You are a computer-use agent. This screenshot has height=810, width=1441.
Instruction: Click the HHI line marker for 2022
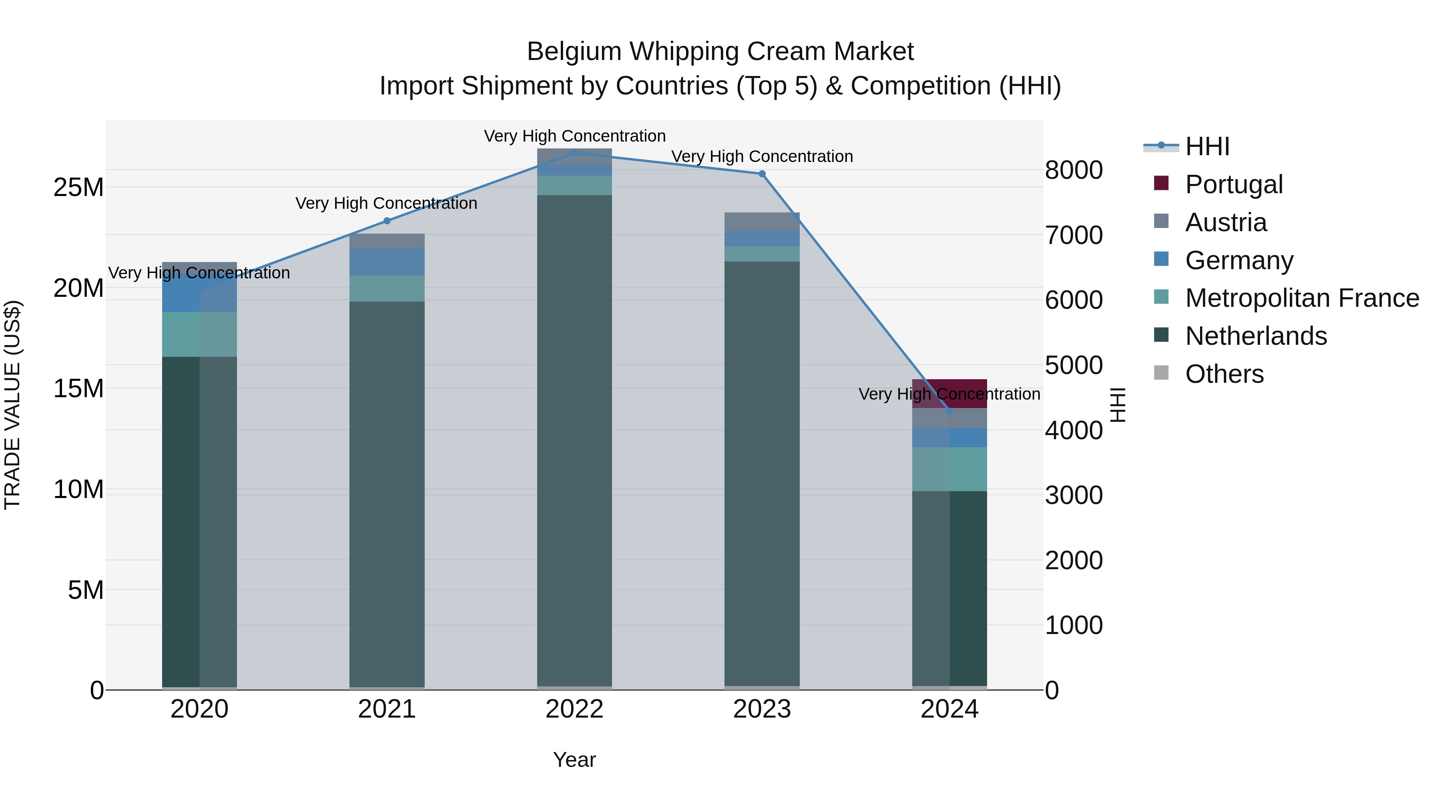pyautogui.click(x=574, y=153)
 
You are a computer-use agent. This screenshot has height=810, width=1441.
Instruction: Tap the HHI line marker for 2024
pyautogui.click(x=949, y=411)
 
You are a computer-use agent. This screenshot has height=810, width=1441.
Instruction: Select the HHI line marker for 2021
pyautogui.click(x=387, y=221)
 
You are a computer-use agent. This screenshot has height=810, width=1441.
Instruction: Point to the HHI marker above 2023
pyautogui.click(x=762, y=174)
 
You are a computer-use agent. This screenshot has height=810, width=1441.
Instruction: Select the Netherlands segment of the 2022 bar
pyautogui.click(x=574, y=442)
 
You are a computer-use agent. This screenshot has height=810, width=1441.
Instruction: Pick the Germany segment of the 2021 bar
pyautogui.click(x=387, y=262)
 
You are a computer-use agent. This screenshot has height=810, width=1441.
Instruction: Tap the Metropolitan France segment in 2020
pyautogui.click(x=199, y=334)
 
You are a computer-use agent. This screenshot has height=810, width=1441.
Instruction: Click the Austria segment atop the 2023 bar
pyautogui.click(x=762, y=221)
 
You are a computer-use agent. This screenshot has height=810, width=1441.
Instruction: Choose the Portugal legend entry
pyautogui.click(x=1234, y=184)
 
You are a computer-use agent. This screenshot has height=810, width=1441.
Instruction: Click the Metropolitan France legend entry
pyautogui.click(x=1302, y=298)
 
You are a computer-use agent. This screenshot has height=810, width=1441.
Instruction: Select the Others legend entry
pyautogui.click(x=1224, y=374)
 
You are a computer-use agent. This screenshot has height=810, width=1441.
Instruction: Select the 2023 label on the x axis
pyautogui.click(x=762, y=709)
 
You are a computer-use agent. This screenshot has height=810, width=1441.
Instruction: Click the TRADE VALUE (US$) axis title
pyautogui.click(x=12, y=405)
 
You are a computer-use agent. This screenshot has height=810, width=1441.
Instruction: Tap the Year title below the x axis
pyautogui.click(x=574, y=760)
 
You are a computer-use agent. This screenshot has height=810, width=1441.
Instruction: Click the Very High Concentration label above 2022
pyautogui.click(x=574, y=136)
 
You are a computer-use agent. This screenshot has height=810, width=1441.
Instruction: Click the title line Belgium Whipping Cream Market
pyautogui.click(x=720, y=52)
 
